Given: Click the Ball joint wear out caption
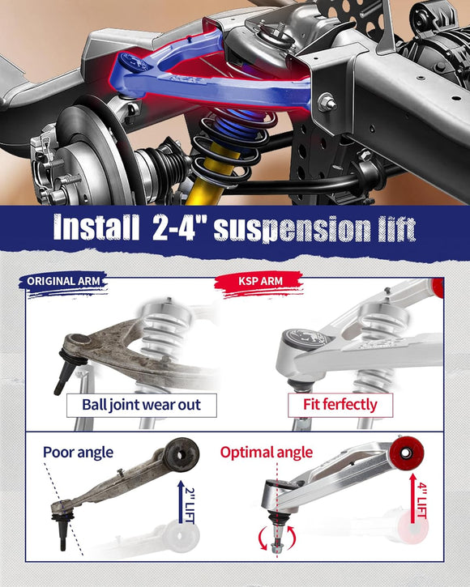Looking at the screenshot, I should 141,404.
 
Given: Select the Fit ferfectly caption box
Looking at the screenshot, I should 340,404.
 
